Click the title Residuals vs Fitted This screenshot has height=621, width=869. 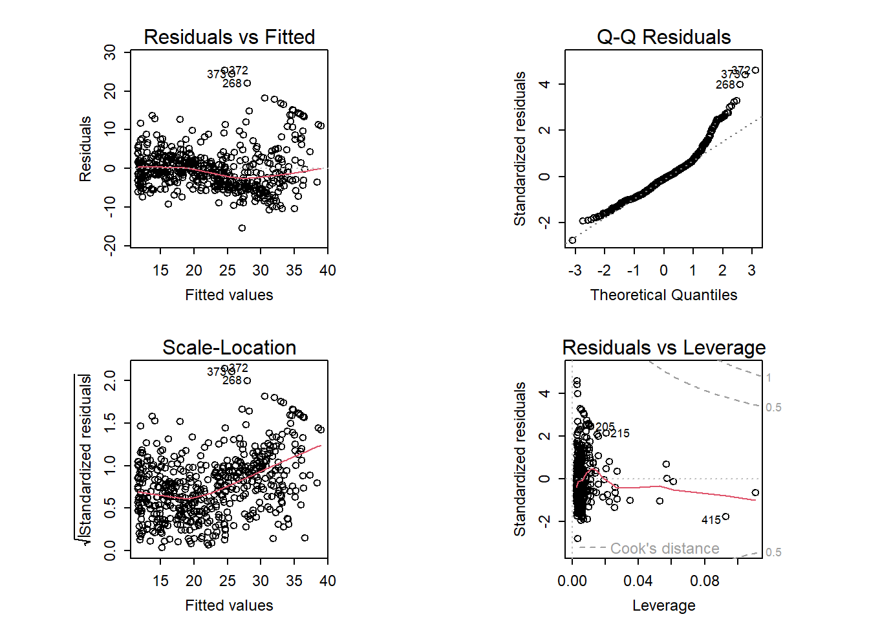(229, 37)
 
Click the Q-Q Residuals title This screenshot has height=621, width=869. (663, 37)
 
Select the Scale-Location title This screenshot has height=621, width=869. (229, 347)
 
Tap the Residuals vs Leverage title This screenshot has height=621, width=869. (663, 347)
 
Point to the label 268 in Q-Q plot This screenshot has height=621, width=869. (725, 85)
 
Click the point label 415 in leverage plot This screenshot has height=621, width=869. (711, 520)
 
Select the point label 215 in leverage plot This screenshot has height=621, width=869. (619, 433)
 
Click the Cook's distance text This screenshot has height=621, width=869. (664, 549)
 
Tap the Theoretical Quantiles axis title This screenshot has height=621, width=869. (663, 295)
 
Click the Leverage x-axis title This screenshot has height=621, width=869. (663, 605)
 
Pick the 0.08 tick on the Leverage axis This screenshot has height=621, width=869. (704, 581)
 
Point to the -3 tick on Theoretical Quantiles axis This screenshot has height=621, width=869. (575, 270)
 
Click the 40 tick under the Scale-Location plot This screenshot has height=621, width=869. (327, 581)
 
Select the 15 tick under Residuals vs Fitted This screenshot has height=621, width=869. (160, 270)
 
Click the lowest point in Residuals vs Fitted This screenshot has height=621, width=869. (242, 228)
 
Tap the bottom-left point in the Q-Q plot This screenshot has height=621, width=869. (572, 240)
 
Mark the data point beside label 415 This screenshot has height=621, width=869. (725, 516)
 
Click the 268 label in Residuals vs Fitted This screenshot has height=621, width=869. (231, 83)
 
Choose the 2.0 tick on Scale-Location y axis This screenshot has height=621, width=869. (110, 380)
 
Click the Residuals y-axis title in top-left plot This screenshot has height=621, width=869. (85, 149)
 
